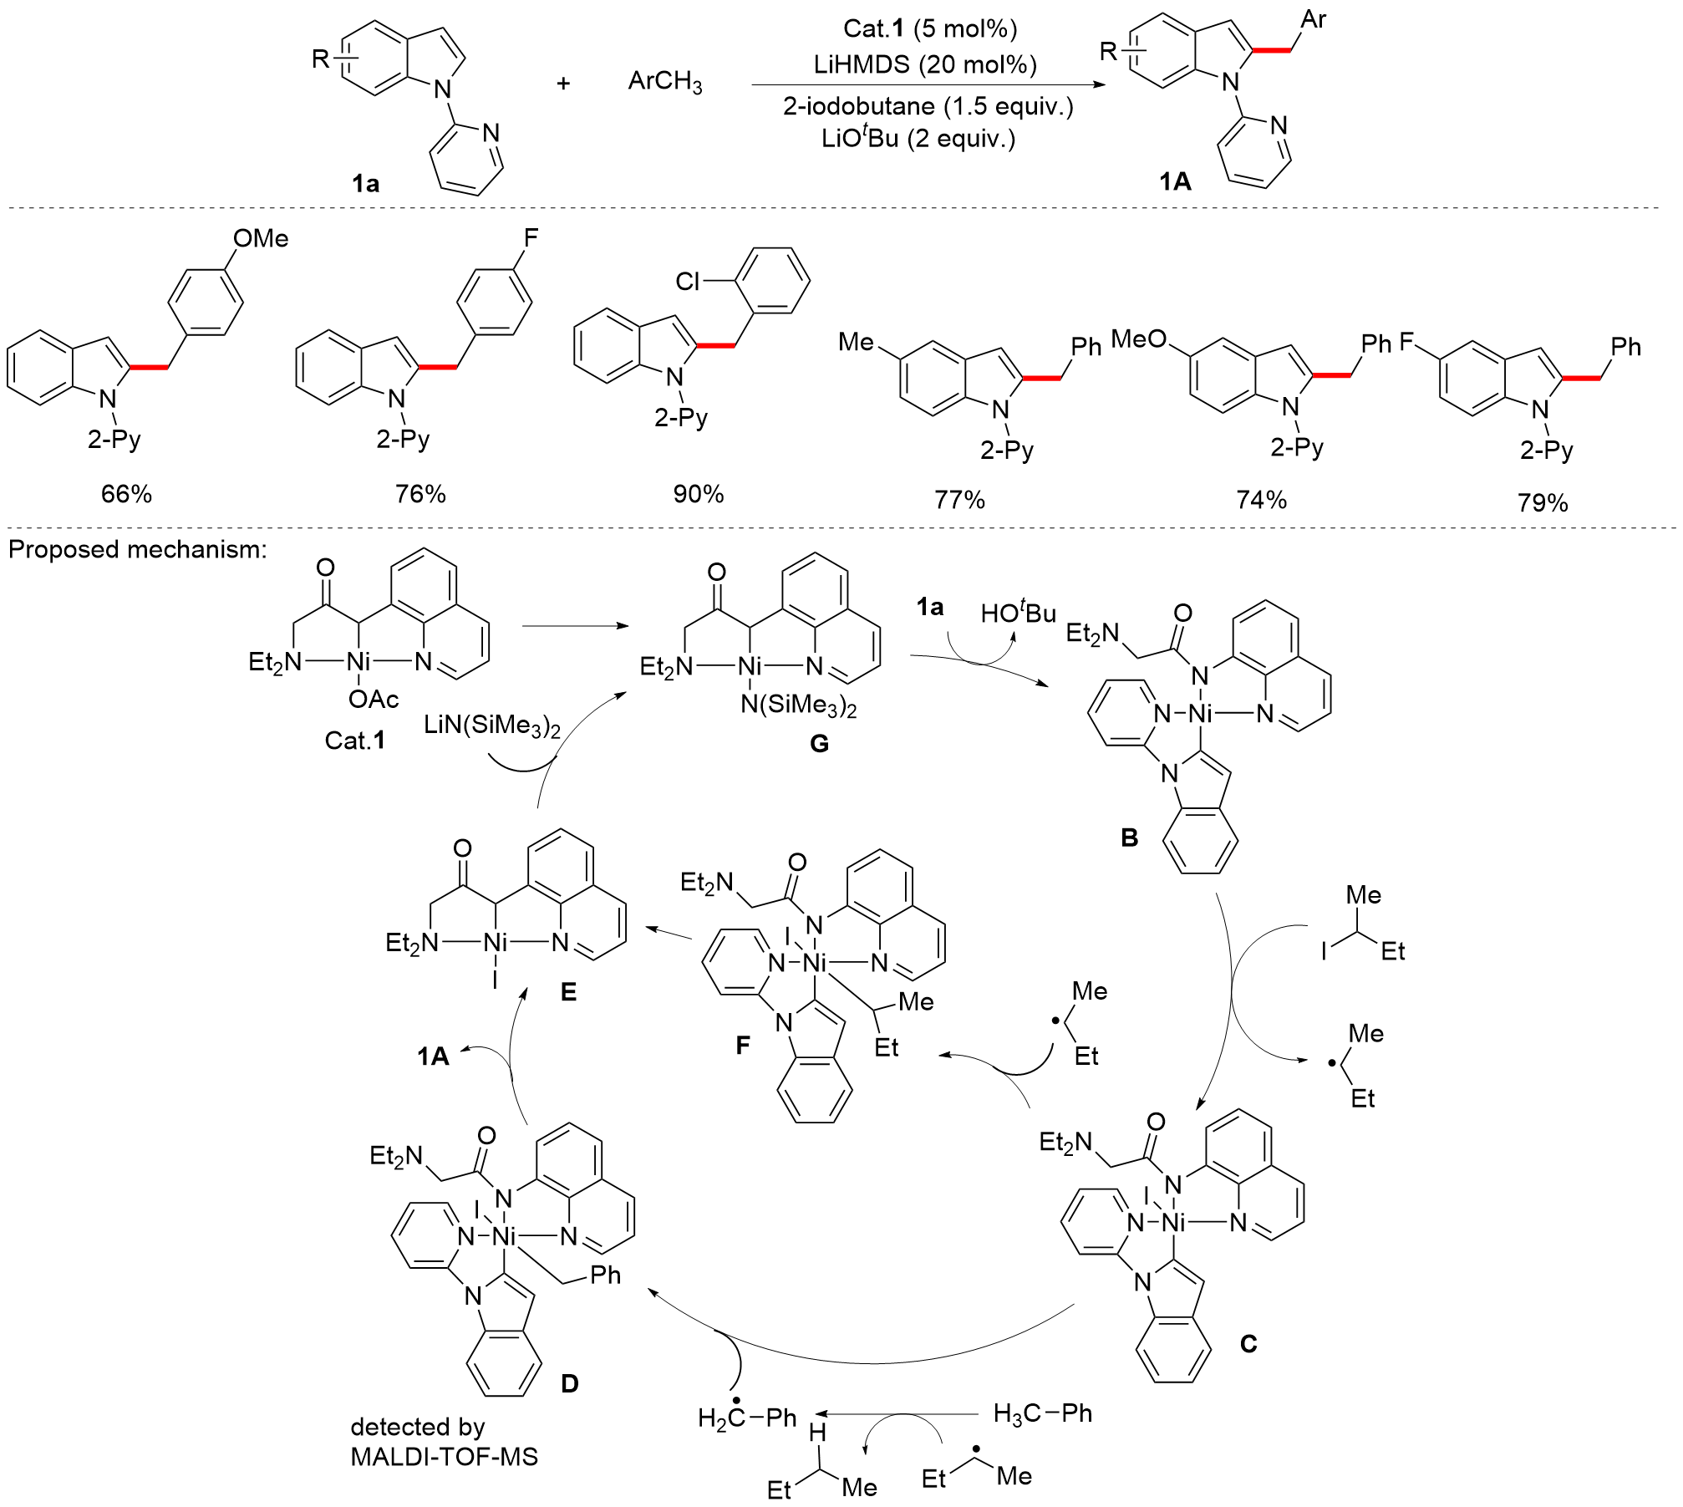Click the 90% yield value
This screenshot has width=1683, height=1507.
coord(698,494)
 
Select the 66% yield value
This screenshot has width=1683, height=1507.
coord(126,494)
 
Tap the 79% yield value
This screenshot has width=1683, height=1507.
coord(1543,502)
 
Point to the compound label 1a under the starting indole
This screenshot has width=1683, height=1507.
coord(365,183)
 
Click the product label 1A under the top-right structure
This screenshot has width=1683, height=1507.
coord(1174,181)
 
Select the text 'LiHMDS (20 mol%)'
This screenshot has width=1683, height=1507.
coord(925,64)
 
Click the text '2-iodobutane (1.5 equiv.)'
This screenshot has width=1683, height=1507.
coord(928,106)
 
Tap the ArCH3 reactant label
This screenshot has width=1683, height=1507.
coord(664,82)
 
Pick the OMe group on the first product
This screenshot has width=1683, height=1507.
coord(261,239)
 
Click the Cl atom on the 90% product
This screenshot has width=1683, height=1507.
coord(687,282)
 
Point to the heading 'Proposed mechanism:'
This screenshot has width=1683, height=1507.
coord(138,549)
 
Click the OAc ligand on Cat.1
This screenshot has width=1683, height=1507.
coord(373,699)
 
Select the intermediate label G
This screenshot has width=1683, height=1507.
coord(819,743)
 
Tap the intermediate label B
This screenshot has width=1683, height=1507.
coord(1129,838)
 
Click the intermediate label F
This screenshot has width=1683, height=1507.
coord(743,1045)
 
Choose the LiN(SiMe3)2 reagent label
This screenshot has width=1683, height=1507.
coord(491,725)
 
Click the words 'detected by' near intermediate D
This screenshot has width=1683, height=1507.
coord(417,1427)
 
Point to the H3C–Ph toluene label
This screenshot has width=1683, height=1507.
coord(1042,1413)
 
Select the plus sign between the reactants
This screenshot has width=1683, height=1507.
coord(563,83)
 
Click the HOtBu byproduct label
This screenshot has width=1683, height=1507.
coord(1018,613)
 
